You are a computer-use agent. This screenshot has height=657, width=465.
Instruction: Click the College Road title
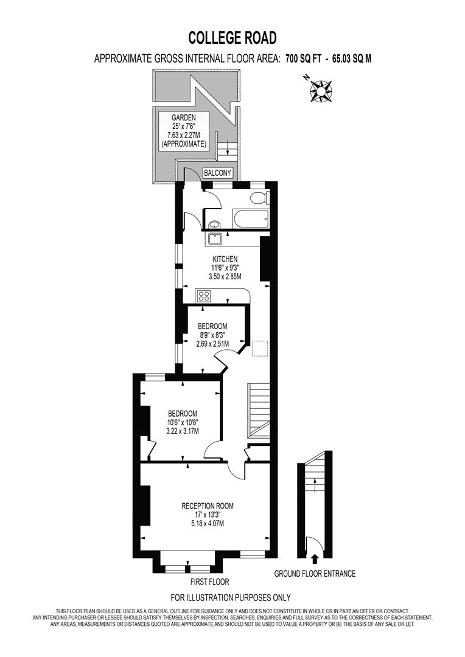[x=232, y=38]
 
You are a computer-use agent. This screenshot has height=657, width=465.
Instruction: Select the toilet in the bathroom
[x=260, y=198]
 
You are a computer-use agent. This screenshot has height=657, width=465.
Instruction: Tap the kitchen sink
[x=216, y=238]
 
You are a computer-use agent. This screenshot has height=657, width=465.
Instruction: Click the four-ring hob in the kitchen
[x=204, y=296]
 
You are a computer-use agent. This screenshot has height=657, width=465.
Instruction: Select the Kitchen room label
[x=225, y=259]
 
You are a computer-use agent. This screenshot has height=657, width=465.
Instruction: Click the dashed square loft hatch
[x=260, y=349]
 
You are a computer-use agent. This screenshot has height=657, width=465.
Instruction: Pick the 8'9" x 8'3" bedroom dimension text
[x=212, y=335]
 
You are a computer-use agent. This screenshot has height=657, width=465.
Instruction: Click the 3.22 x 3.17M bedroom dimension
[x=183, y=431]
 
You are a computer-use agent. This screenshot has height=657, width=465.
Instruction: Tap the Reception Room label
[x=207, y=506]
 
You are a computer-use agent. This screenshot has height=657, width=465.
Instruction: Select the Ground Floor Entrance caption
[x=315, y=573]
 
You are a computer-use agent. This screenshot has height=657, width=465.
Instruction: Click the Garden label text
[x=183, y=117]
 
